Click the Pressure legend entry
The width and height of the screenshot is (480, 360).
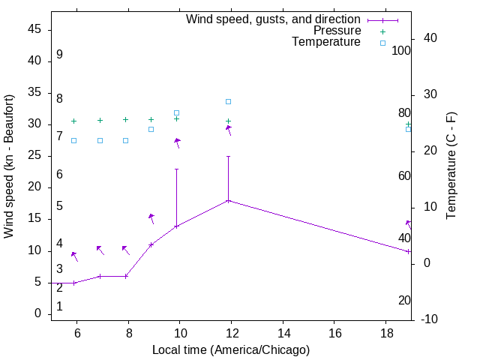pyautogui.click(x=337, y=31)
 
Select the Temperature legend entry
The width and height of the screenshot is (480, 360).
pyautogui.click(x=326, y=42)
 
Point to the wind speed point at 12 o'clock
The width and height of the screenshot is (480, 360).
pyautogui.click(x=228, y=200)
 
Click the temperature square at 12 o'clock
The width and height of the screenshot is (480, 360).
pyautogui.click(x=228, y=101)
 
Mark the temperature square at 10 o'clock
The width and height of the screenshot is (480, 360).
pyautogui.click(x=177, y=112)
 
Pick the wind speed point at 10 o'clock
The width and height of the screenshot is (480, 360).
pyautogui.click(x=177, y=226)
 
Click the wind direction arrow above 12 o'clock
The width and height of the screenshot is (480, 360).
pyautogui.click(x=229, y=130)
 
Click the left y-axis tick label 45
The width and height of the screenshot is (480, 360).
pyautogui.click(x=34, y=30)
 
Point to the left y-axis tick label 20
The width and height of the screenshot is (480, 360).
pyautogui.click(x=34, y=187)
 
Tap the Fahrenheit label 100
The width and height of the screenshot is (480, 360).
pyautogui.click(x=402, y=51)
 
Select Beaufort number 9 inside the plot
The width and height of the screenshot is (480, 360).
pyautogui.click(x=59, y=55)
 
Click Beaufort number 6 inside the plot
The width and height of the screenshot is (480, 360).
pyautogui.click(x=59, y=175)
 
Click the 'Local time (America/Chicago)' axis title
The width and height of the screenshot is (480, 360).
pyautogui.click(x=230, y=349)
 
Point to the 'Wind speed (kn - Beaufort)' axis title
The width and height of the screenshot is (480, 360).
pyautogui.click(x=9, y=166)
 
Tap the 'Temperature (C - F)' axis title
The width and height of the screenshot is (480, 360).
pyautogui.click(x=451, y=166)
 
